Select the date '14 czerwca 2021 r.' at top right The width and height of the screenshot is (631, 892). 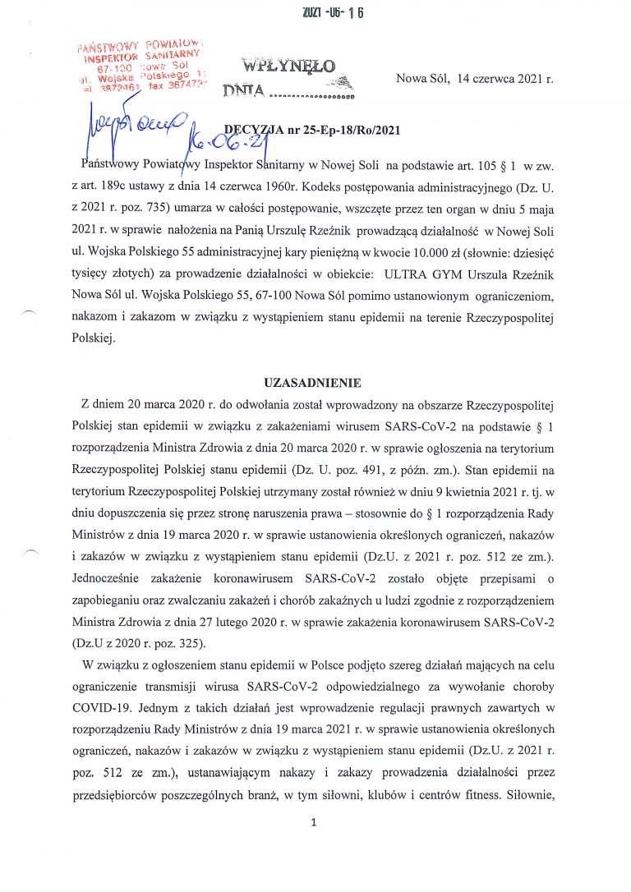pyautogui.click(x=500, y=79)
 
